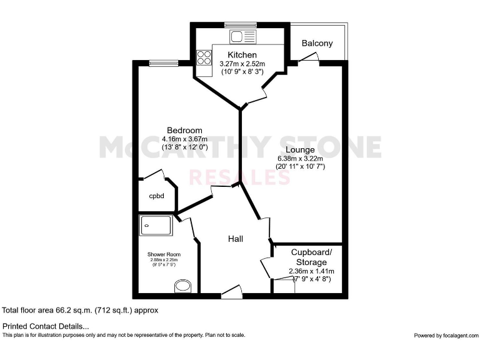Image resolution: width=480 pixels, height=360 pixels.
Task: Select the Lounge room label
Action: [x=300, y=149]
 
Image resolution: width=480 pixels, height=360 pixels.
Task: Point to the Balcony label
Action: [x=317, y=44]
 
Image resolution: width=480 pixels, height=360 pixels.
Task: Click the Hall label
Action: [x=235, y=239]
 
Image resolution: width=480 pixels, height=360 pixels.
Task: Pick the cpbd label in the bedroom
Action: [x=156, y=196]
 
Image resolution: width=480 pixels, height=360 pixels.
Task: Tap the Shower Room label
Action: [x=164, y=254]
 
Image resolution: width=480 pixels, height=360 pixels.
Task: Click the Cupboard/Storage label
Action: [x=312, y=257]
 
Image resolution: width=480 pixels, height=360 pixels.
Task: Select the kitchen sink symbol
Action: [x=240, y=37]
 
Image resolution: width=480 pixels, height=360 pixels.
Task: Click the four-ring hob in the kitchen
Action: [x=204, y=57]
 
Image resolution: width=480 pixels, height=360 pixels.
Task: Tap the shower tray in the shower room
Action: [x=156, y=225]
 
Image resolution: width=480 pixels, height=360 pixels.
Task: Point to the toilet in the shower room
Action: [x=183, y=286]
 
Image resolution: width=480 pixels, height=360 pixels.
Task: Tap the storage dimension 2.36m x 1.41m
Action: [x=311, y=271]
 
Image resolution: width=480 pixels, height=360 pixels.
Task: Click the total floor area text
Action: [x=81, y=310]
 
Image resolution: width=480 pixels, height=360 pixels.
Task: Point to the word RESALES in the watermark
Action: [x=240, y=177]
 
